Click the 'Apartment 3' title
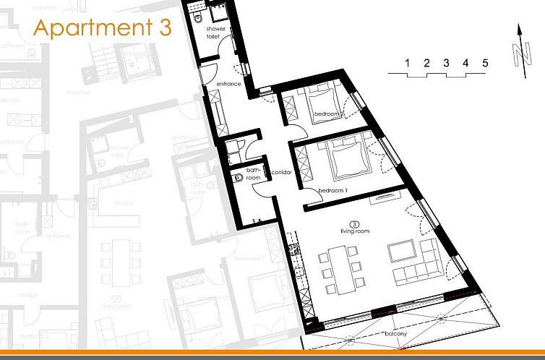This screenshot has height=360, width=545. point(103,28)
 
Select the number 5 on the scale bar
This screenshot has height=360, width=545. point(485,63)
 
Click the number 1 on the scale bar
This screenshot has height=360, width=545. point(408,63)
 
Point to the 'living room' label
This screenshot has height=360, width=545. point(355,231)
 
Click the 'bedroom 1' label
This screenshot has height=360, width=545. point(333,190)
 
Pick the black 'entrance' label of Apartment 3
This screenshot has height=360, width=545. point(229,85)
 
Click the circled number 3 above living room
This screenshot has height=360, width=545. point(355,223)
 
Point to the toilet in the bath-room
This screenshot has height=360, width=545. point(238,176)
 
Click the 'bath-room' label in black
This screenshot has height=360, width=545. point(252,173)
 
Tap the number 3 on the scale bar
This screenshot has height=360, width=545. point(446,63)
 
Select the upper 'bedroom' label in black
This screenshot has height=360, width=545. point(326,113)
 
